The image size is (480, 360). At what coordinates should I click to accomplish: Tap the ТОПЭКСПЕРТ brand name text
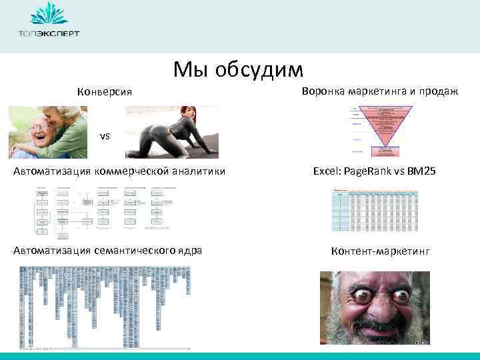tap(49, 33)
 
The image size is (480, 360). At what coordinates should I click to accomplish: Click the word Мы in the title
tap(189, 69)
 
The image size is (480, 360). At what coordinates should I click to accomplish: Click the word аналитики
tap(195, 171)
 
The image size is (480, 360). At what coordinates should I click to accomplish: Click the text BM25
tap(422, 171)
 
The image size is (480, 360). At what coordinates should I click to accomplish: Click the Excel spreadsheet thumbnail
tap(375, 210)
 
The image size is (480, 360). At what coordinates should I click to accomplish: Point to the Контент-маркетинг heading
tap(381, 251)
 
